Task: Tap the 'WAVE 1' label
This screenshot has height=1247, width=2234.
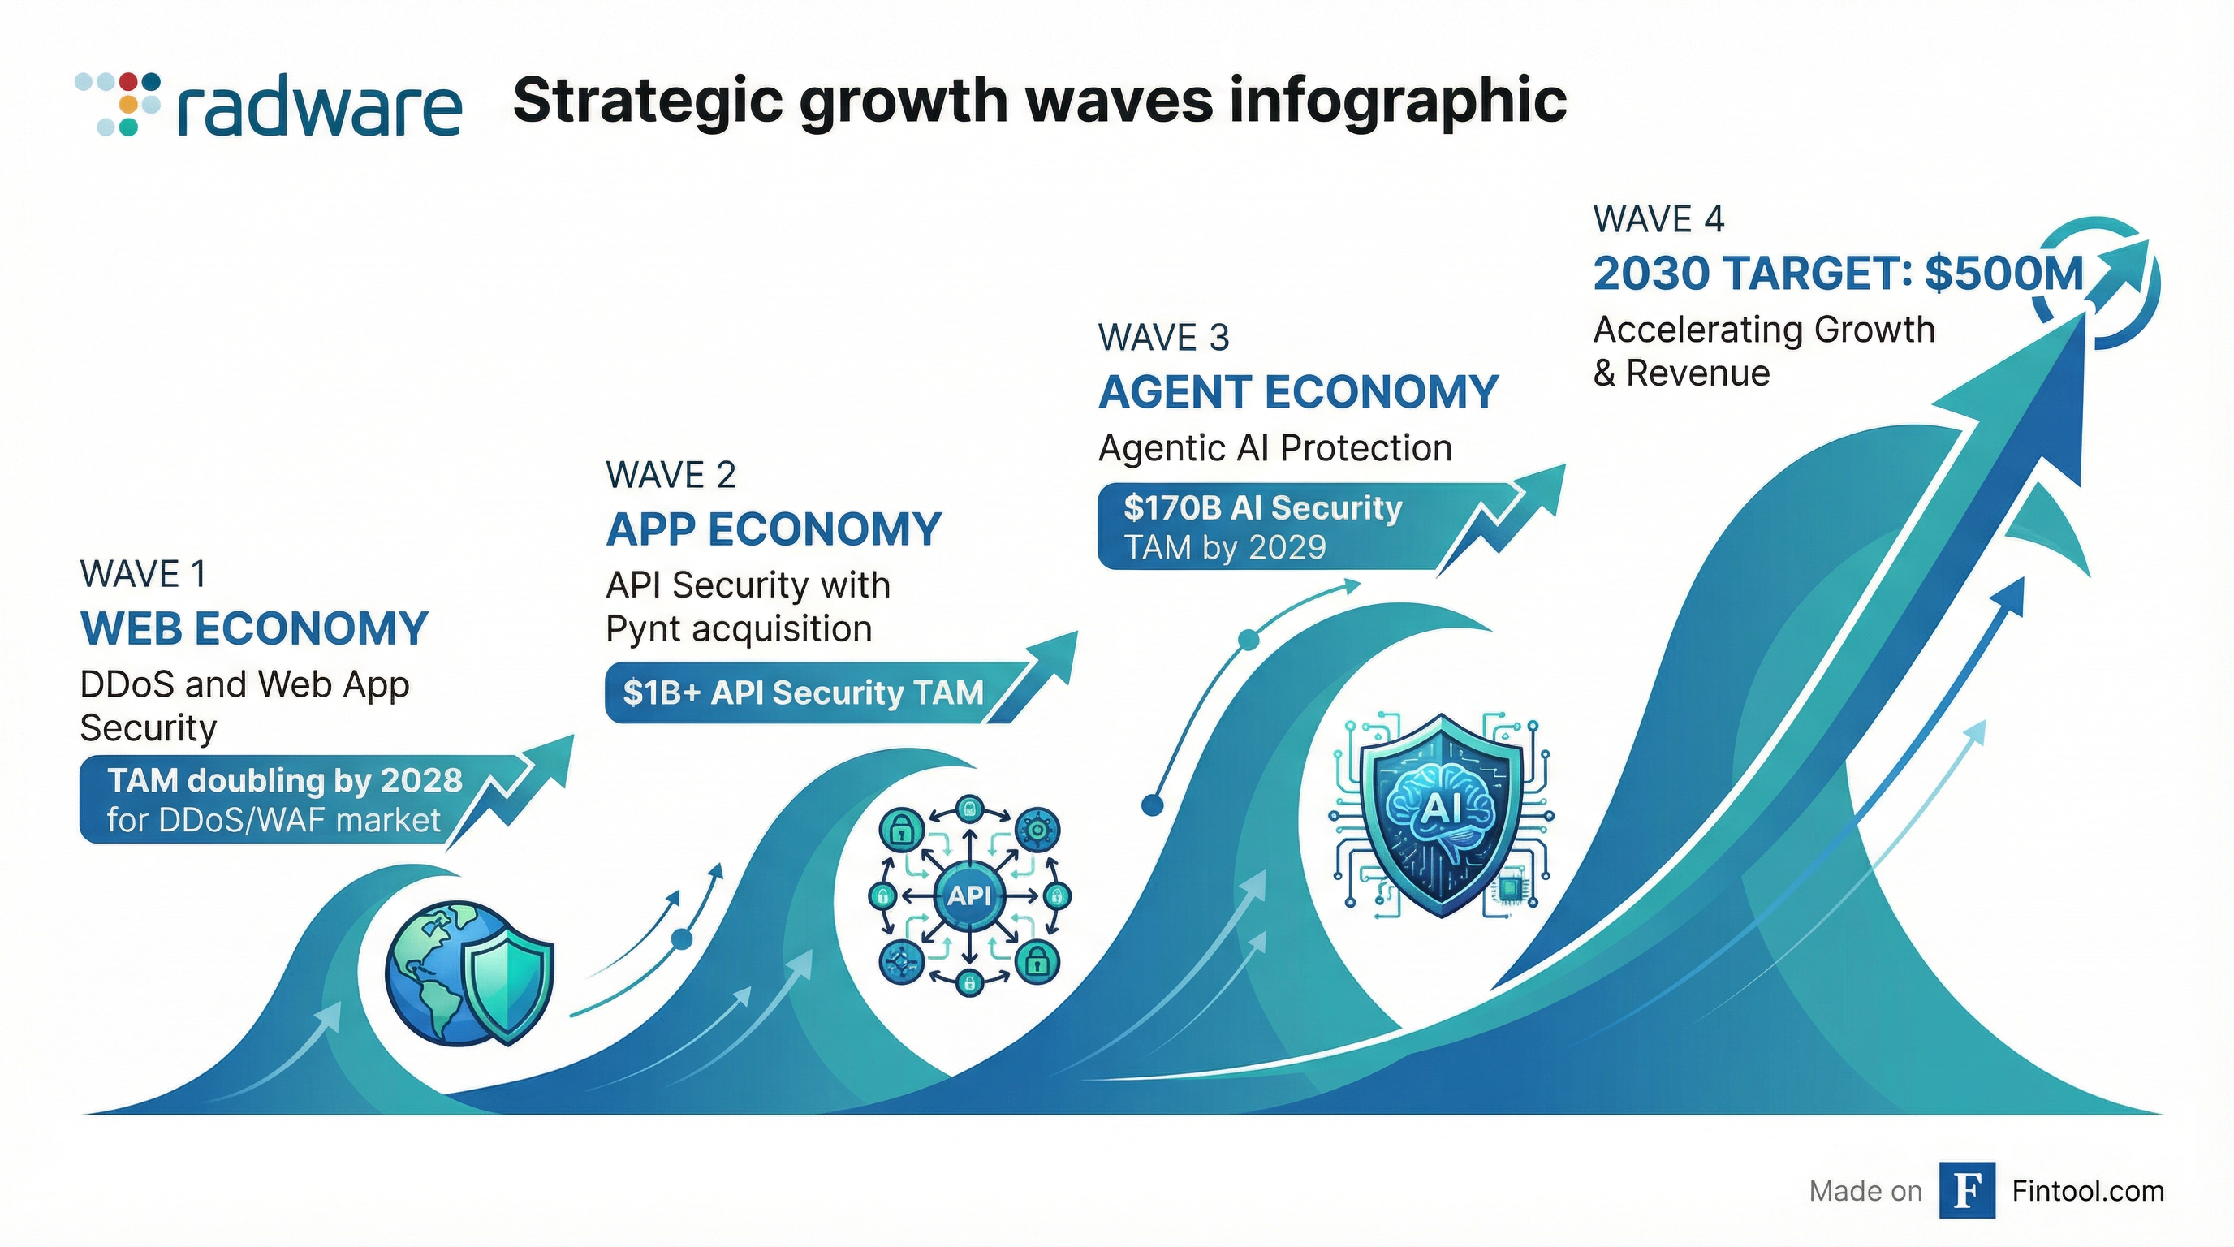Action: click(143, 574)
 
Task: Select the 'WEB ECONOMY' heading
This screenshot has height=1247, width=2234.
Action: click(254, 628)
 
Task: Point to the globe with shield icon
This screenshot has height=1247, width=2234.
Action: click(469, 972)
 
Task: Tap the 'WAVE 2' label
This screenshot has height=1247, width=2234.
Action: click(671, 475)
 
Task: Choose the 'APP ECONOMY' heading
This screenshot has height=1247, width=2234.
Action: click(774, 529)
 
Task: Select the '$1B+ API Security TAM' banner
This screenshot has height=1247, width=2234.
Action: click(803, 693)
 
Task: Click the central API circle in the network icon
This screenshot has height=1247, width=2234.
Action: click(968, 895)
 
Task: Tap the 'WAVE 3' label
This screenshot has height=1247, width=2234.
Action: click(1163, 338)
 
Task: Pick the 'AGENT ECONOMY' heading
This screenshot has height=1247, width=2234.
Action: click(1298, 392)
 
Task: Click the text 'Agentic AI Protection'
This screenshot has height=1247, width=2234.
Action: click(1274, 448)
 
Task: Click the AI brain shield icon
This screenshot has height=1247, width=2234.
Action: click(1440, 814)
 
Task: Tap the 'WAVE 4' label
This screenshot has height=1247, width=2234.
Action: click(1658, 218)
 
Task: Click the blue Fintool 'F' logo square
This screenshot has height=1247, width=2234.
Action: click(1967, 1191)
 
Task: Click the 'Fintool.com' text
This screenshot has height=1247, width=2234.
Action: click(2087, 1192)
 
